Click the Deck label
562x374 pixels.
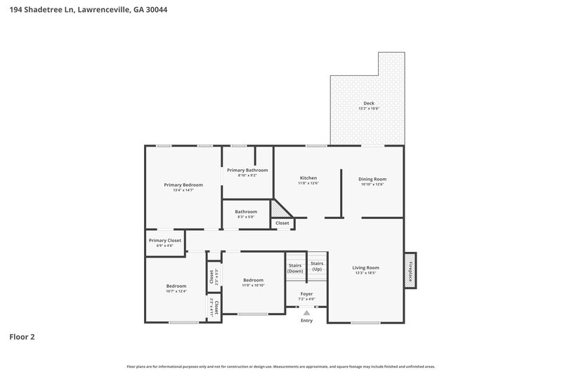click(369, 103)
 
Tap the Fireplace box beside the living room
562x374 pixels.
click(410, 269)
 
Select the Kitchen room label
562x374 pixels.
click(308, 178)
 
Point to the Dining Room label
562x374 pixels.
click(372, 179)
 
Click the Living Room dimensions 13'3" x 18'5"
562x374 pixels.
click(365, 273)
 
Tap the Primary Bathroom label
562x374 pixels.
click(247, 170)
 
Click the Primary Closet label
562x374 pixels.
click(165, 240)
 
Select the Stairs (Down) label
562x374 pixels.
click(296, 267)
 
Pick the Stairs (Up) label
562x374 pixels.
click(317, 265)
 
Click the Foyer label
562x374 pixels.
click(306, 293)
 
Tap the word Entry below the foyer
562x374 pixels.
click(306, 321)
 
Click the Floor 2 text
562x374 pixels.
click(22, 337)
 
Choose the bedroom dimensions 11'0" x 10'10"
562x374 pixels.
click(253, 284)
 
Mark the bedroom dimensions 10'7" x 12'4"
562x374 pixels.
click(176, 290)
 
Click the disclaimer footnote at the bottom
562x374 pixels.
click(280, 366)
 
